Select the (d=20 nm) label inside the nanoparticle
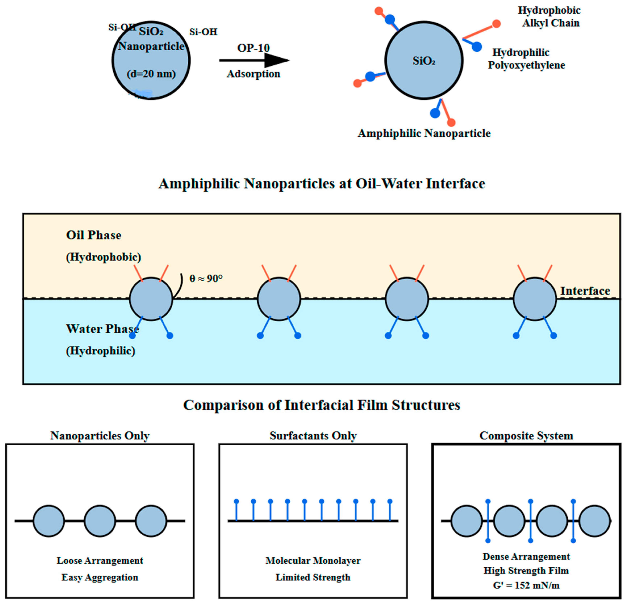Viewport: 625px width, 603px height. click(151, 74)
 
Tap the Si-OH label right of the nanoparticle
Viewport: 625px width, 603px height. click(203, 32)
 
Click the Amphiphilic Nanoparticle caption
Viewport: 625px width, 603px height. click(424, 133)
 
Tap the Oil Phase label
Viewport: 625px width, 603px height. click(93, 235)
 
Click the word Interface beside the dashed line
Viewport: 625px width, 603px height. click(585, 291)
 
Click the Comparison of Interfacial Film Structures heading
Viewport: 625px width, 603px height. click(321, 405)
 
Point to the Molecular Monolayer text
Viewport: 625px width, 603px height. click(313, 561)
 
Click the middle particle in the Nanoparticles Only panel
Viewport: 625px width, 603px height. click(100, 521)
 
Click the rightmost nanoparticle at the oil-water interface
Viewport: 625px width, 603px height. click(535, 299)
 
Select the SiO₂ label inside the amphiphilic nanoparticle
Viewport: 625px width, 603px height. click(424, 61)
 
